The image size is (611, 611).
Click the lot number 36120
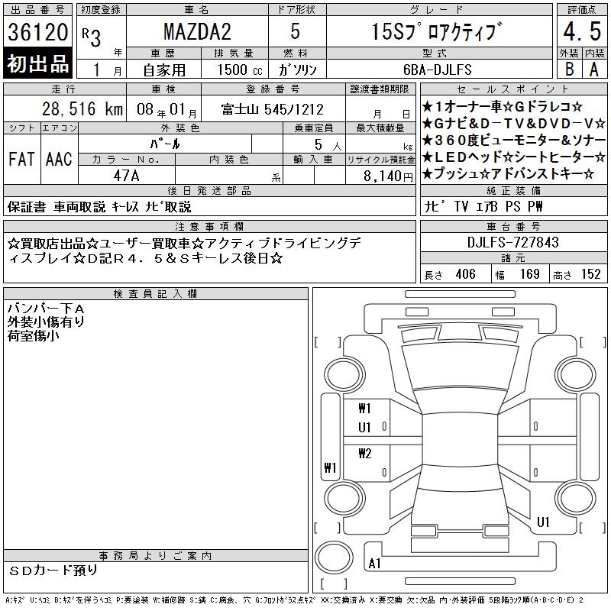click(37, 32)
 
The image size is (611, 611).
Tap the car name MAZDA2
click(197, 31)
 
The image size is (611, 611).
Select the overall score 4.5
click(582, 31)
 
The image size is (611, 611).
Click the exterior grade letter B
click(569, 69)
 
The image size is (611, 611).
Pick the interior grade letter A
click(594, 70)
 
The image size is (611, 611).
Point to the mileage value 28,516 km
click(82, 108)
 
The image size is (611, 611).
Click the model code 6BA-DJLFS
click(437, 70)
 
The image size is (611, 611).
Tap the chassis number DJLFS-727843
click(512, 242)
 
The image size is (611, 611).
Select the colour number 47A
click(126, 176)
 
